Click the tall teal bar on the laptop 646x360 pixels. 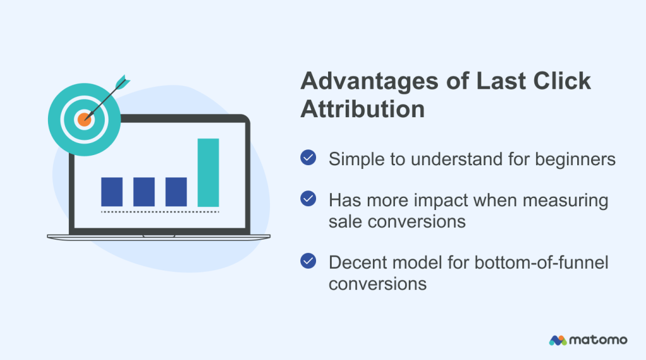pyautogui.click(x=208, y=172)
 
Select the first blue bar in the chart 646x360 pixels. pyautogui.click(x=112, y=192)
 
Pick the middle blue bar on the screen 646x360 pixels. pyautogui.click(x=144, y=192)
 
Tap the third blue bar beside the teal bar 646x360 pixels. pyautogui.click(x=176, y=192)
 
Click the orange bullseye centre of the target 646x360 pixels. pyautogui.click(x=84, y=119)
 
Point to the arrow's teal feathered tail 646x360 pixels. pyautogui.click(x=122, y=82)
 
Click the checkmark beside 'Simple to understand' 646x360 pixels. pyautogui.click(x=308, y=158)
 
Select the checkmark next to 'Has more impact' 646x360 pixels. pyautogui.click(x=308, y=199)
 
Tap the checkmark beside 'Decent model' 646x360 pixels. pyautogui.click(x=308, y=260)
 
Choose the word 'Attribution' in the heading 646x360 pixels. pyautogui.click(x=362, y=109)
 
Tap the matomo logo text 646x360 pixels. pyautogui.click(x=599, y=340)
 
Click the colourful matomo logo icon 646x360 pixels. pyautogui.click(x=558, y=340)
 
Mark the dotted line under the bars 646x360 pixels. pyautogui.click(x=160, y=212)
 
